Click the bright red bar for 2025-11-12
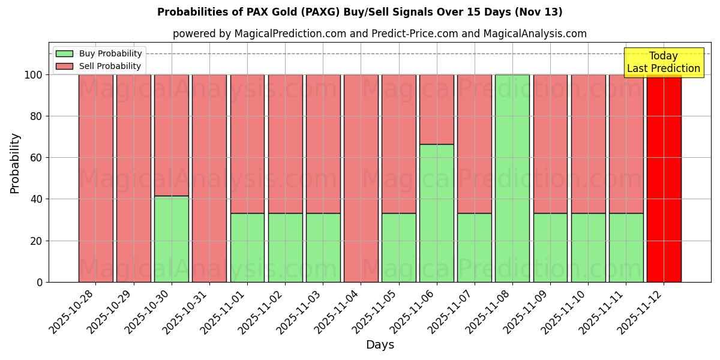click(664, 178)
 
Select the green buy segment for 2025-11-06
click(437, 213)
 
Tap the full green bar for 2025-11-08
click(512, 178)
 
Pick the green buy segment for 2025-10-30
click(172, 239)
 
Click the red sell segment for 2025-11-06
click(437, 109)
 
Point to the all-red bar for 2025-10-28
click(95, 178)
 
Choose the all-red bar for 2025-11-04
click(361, 178)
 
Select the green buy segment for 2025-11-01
click(247, 247)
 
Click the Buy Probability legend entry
click(99, 53)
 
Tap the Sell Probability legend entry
click(99, 66)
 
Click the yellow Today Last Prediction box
click(663, 62)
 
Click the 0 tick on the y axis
click(40, 282)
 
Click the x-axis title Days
click(380, 344)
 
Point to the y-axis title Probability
click(15, 163)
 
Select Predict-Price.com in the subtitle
click(415, 34)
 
